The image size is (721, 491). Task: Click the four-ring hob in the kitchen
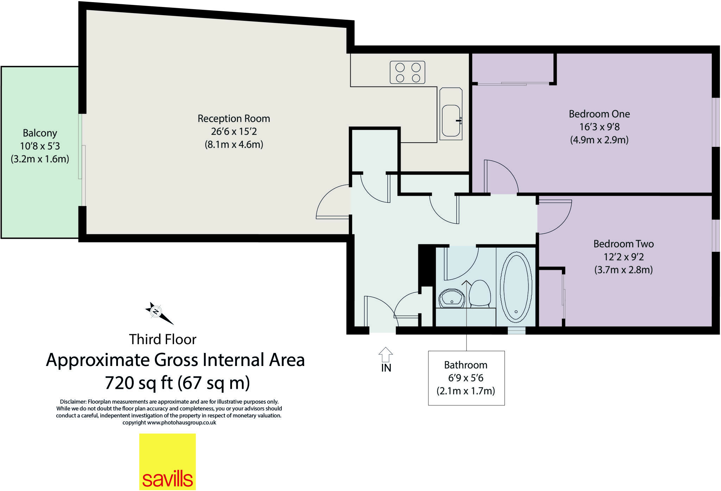click(x=407, y=72)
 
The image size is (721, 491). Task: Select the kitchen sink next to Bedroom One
click(x=451, y=114)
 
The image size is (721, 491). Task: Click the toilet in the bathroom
click(x=480, y=293)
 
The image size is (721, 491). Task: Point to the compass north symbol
click(x=156, y=311)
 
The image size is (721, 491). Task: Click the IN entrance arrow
click(x=386, y=355)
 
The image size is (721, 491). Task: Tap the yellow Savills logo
click(x=167, y=461)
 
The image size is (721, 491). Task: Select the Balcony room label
click(x=40, y=133)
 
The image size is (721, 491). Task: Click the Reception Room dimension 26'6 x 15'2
click(x=234, y=132)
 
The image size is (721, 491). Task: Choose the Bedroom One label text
click(x=599, y=114)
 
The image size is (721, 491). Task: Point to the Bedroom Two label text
click(x=623, y=244)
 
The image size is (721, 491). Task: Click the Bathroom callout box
click(x=466, y=378)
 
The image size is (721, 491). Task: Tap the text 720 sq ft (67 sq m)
click(x=177, y=383)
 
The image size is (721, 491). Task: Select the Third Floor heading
click(x=162, y=340)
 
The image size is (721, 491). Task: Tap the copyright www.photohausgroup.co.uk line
click(x=169, y=423)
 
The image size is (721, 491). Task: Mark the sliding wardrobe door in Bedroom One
click(x=513, y=83)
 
